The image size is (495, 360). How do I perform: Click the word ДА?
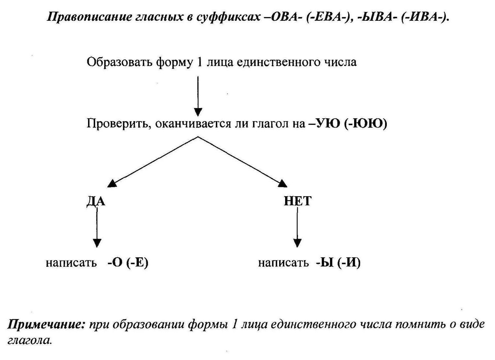click(96, 201)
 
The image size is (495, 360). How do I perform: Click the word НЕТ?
click(298, 201)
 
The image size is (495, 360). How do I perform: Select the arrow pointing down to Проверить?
click(198, 96)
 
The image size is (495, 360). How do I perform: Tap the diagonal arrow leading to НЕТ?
click(243, 162)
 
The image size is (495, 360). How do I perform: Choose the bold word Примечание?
click(47, 325)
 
